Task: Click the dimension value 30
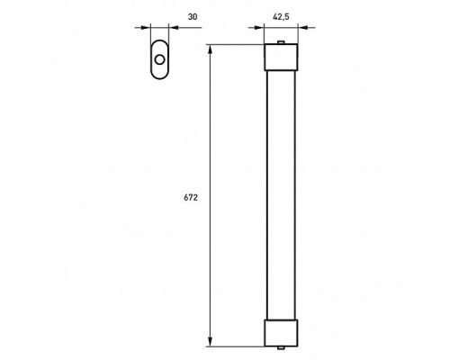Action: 193,16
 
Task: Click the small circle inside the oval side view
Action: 160,59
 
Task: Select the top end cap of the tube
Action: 281,59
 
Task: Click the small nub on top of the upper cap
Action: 281,43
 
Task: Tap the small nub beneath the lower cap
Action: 281,347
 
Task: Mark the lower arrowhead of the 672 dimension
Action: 211,341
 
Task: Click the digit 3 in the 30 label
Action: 191,16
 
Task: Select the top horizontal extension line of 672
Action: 234,45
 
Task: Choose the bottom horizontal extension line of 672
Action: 234,346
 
